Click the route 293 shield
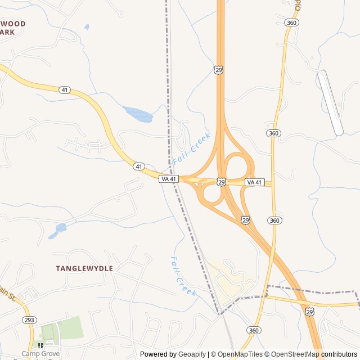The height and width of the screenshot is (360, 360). point(29,319)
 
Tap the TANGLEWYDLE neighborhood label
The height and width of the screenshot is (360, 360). point(84,269)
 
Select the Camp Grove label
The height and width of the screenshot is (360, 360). point(40,354)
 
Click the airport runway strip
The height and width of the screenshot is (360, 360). point(330,103)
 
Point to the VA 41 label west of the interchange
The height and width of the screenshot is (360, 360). point(169,179)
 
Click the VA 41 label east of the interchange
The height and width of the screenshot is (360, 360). point(254,182)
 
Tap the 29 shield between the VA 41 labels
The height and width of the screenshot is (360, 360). point(222,182)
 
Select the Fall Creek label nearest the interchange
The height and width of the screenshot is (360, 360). point(192,148)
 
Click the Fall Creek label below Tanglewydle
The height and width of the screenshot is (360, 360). point(183,276)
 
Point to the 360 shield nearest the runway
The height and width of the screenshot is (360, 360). point(273,133)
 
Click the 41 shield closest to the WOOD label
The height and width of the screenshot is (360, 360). point(65,90)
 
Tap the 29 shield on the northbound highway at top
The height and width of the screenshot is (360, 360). point(219,69)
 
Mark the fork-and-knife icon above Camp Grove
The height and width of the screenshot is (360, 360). point(40,345)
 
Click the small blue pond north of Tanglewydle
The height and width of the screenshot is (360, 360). point(58,229)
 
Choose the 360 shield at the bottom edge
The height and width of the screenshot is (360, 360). point(253,330)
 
